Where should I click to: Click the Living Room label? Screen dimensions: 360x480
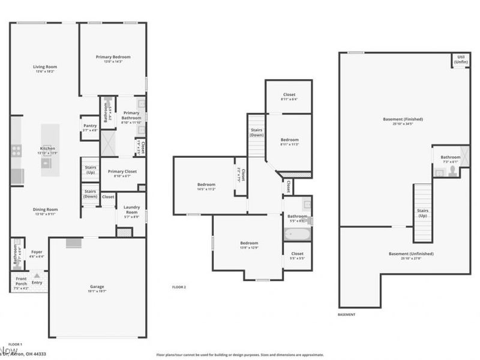click(44, 67)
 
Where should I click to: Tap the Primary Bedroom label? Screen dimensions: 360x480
click(113, 57)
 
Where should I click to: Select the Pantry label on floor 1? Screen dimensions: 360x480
click(89, 126)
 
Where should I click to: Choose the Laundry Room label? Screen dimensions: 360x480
click(131, 210)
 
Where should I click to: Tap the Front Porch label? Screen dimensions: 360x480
click(20, 280)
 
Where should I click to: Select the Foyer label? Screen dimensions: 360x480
click(37, 252)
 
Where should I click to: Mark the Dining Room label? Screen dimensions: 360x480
click(44, 210)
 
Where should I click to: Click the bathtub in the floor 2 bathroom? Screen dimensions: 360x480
click(296, 233)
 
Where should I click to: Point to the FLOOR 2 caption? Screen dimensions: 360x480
click(179, 287)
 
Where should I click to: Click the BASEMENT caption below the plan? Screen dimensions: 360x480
click(347, 314)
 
